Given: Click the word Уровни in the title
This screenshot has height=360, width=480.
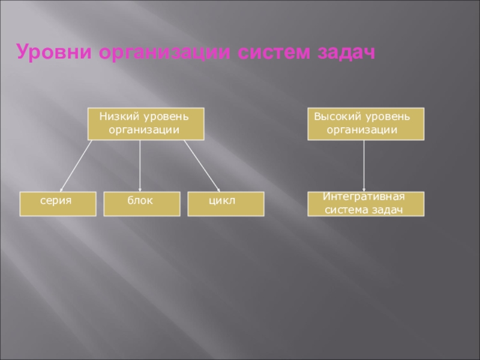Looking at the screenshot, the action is pos(55,52).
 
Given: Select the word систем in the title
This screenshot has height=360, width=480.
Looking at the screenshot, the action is pos(271,52).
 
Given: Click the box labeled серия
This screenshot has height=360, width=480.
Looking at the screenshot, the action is pos(58,204).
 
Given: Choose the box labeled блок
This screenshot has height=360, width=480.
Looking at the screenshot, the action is pos(141,204).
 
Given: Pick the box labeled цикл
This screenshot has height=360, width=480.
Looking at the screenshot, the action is pos(226,204).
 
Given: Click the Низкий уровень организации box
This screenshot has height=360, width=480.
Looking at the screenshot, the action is pos(146,124).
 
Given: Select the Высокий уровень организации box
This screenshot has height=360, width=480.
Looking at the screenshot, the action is pos(365,124).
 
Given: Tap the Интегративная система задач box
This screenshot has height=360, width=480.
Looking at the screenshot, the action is pos(365,204).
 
